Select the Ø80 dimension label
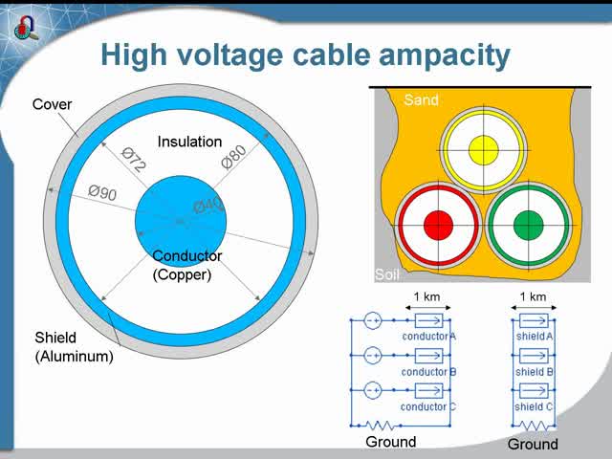click(233, 155)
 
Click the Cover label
click(52, 104)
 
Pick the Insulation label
click(189, 142)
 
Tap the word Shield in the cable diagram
click(55, 338)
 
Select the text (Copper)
click(182, 274)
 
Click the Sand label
click(421, 99)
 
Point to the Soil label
click(386, 273)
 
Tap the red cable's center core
click(438, 226)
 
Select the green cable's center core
click(528, 226)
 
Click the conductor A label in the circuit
click(429, 337)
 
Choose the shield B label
click(535, 372)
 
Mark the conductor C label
click(429, 406)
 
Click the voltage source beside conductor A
click(373, 320)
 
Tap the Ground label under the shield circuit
click(533, 445)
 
